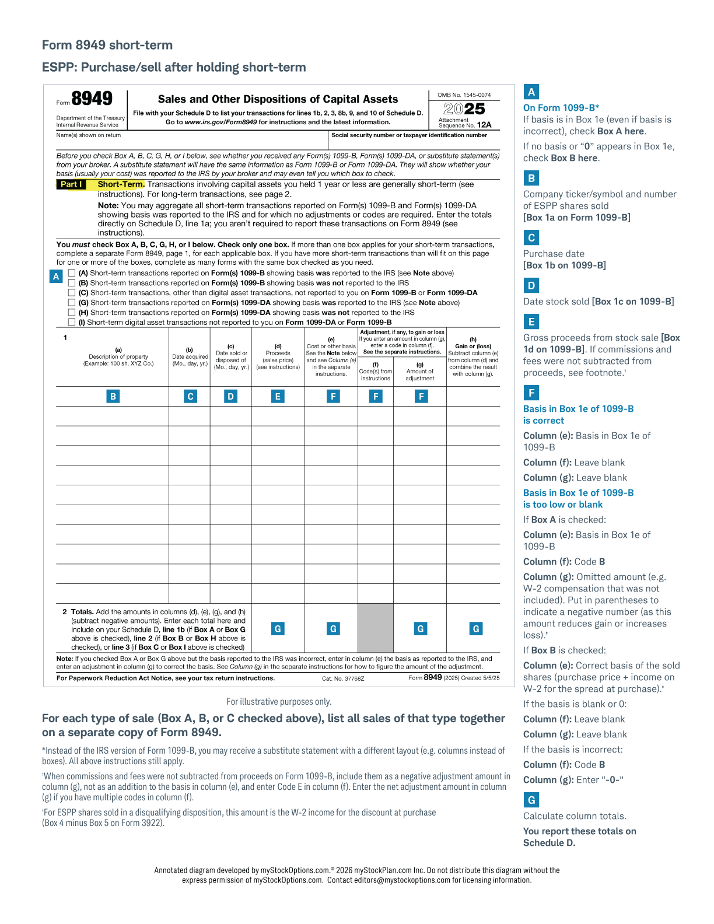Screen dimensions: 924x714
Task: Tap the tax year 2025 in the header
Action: coord(464,108)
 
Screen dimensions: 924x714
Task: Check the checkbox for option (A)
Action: coord(72,273)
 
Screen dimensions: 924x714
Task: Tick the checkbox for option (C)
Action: coord(72,293)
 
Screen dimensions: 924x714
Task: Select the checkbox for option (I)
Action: coord(72,322)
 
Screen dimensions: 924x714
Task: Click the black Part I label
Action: coord(71,184)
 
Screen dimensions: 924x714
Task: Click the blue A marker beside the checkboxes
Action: coord(56,276)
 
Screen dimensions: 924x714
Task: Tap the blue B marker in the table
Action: coord(113,396)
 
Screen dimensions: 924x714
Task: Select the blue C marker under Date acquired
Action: coord(190,396)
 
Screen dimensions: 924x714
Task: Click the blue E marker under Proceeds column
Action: coord(278,396)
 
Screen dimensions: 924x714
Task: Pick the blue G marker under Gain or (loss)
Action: coord(476,628)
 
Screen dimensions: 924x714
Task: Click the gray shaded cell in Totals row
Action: coord(375,628)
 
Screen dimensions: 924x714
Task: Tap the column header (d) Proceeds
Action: coord(278,353)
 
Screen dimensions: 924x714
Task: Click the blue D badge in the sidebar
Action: coord(531,285)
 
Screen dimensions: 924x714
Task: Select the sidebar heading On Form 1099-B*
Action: coord(561,107)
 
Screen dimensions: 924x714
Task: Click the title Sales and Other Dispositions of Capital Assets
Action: coord(278,99)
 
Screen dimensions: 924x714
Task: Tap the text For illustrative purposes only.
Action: coord(279,702)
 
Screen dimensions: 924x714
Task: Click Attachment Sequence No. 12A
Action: coord(465,123)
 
